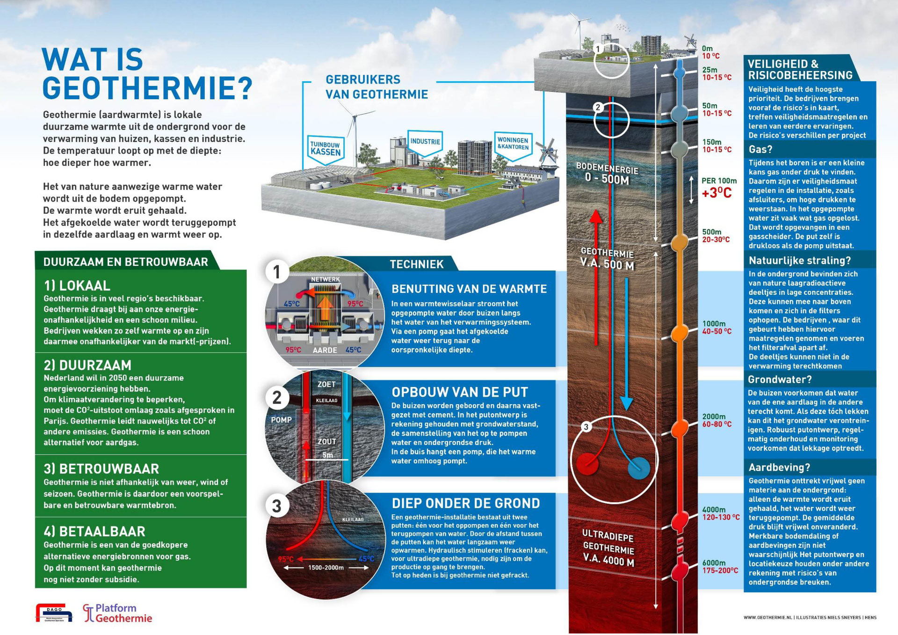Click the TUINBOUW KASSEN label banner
[x=326, y=149]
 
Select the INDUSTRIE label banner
[x=425, y=142]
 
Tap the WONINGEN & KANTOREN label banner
[x=513, y=144]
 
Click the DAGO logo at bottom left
[x=54, y=613]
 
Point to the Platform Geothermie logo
[x=118, y=613]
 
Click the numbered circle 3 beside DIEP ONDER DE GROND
[x=276, y=506]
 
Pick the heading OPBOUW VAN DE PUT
[x=460, y=392]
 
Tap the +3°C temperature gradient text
[x=717, y=193]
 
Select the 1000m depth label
[x=714, y=324]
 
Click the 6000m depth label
[x=714, y=563]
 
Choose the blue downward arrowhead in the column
[x=626, y=403]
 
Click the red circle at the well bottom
[x=587, y=464]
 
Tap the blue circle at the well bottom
[x=639, y=468]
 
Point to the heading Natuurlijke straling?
[x=799, y=261]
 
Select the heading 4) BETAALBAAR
[x=94, y=532]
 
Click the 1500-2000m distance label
[x=326, y=568]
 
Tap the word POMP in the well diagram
[x=281, y=420]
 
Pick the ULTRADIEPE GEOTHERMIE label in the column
[x=608, y=547]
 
